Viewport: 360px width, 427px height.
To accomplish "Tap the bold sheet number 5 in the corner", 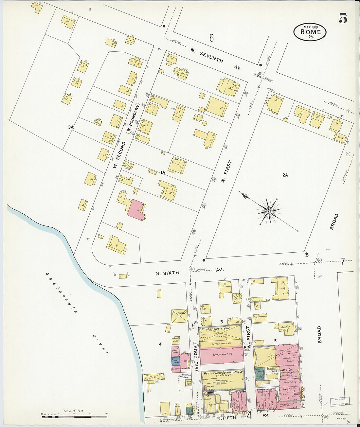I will (343, 18).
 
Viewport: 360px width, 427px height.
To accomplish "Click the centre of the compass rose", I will (268, 212).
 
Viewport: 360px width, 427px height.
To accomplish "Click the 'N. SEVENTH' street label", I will (207, 55).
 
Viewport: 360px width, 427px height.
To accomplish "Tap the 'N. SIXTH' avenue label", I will (167, 273).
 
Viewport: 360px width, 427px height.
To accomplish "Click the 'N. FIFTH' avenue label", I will (229, 418).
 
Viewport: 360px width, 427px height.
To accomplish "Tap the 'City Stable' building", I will (179, 315).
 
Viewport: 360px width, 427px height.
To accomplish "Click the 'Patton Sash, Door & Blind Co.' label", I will (223, 373).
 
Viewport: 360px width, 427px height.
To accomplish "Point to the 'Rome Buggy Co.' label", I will (280, 370).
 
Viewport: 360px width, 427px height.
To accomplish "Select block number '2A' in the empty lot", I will (285, 175).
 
